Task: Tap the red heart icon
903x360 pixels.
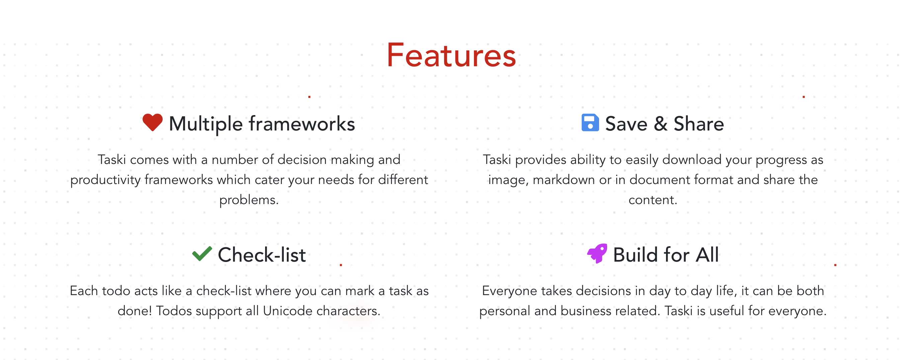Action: tap(153, 122)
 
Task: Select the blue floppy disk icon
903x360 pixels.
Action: tap(590, 122)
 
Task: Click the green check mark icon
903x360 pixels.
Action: tap(202, 253)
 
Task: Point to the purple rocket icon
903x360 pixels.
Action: tap(597, 253)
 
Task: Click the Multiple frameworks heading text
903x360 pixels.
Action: tap(262, 124)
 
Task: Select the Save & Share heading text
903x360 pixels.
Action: tap(664, 124)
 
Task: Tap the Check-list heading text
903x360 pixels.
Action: tap(262, 255)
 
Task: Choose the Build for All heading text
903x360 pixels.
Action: tap(666, 255)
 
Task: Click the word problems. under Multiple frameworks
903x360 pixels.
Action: tap(249, 200)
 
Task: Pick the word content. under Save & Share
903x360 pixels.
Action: tap(653, 200)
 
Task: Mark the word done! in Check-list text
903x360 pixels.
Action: tap(135, 310)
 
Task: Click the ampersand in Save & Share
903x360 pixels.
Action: tap(661, 124)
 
